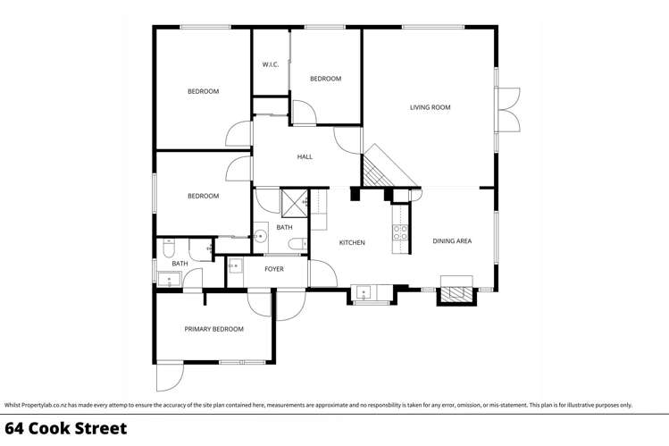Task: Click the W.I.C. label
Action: click(x=270, y=64)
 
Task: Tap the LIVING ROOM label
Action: click(x=430, y=107)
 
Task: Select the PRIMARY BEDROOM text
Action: click(x=213, y=329)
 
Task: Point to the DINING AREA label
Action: click(x=452, y=241)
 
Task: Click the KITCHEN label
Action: click(x=351, y=242)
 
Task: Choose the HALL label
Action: click(x=305, y=157)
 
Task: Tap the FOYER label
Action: click(x=274, y=269)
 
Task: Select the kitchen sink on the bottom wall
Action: click(x=364, y=291)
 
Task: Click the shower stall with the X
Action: click(x=294, y=203)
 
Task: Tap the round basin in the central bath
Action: click(x=260, y=236)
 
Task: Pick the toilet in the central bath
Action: click(x=305, y=242)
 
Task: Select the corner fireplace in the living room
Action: click(x=380, y=170)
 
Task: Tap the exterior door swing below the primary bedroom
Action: click(x=168, y=377)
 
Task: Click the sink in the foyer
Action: click(x=235, y=265)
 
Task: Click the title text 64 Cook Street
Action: click(x=65, y=428)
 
